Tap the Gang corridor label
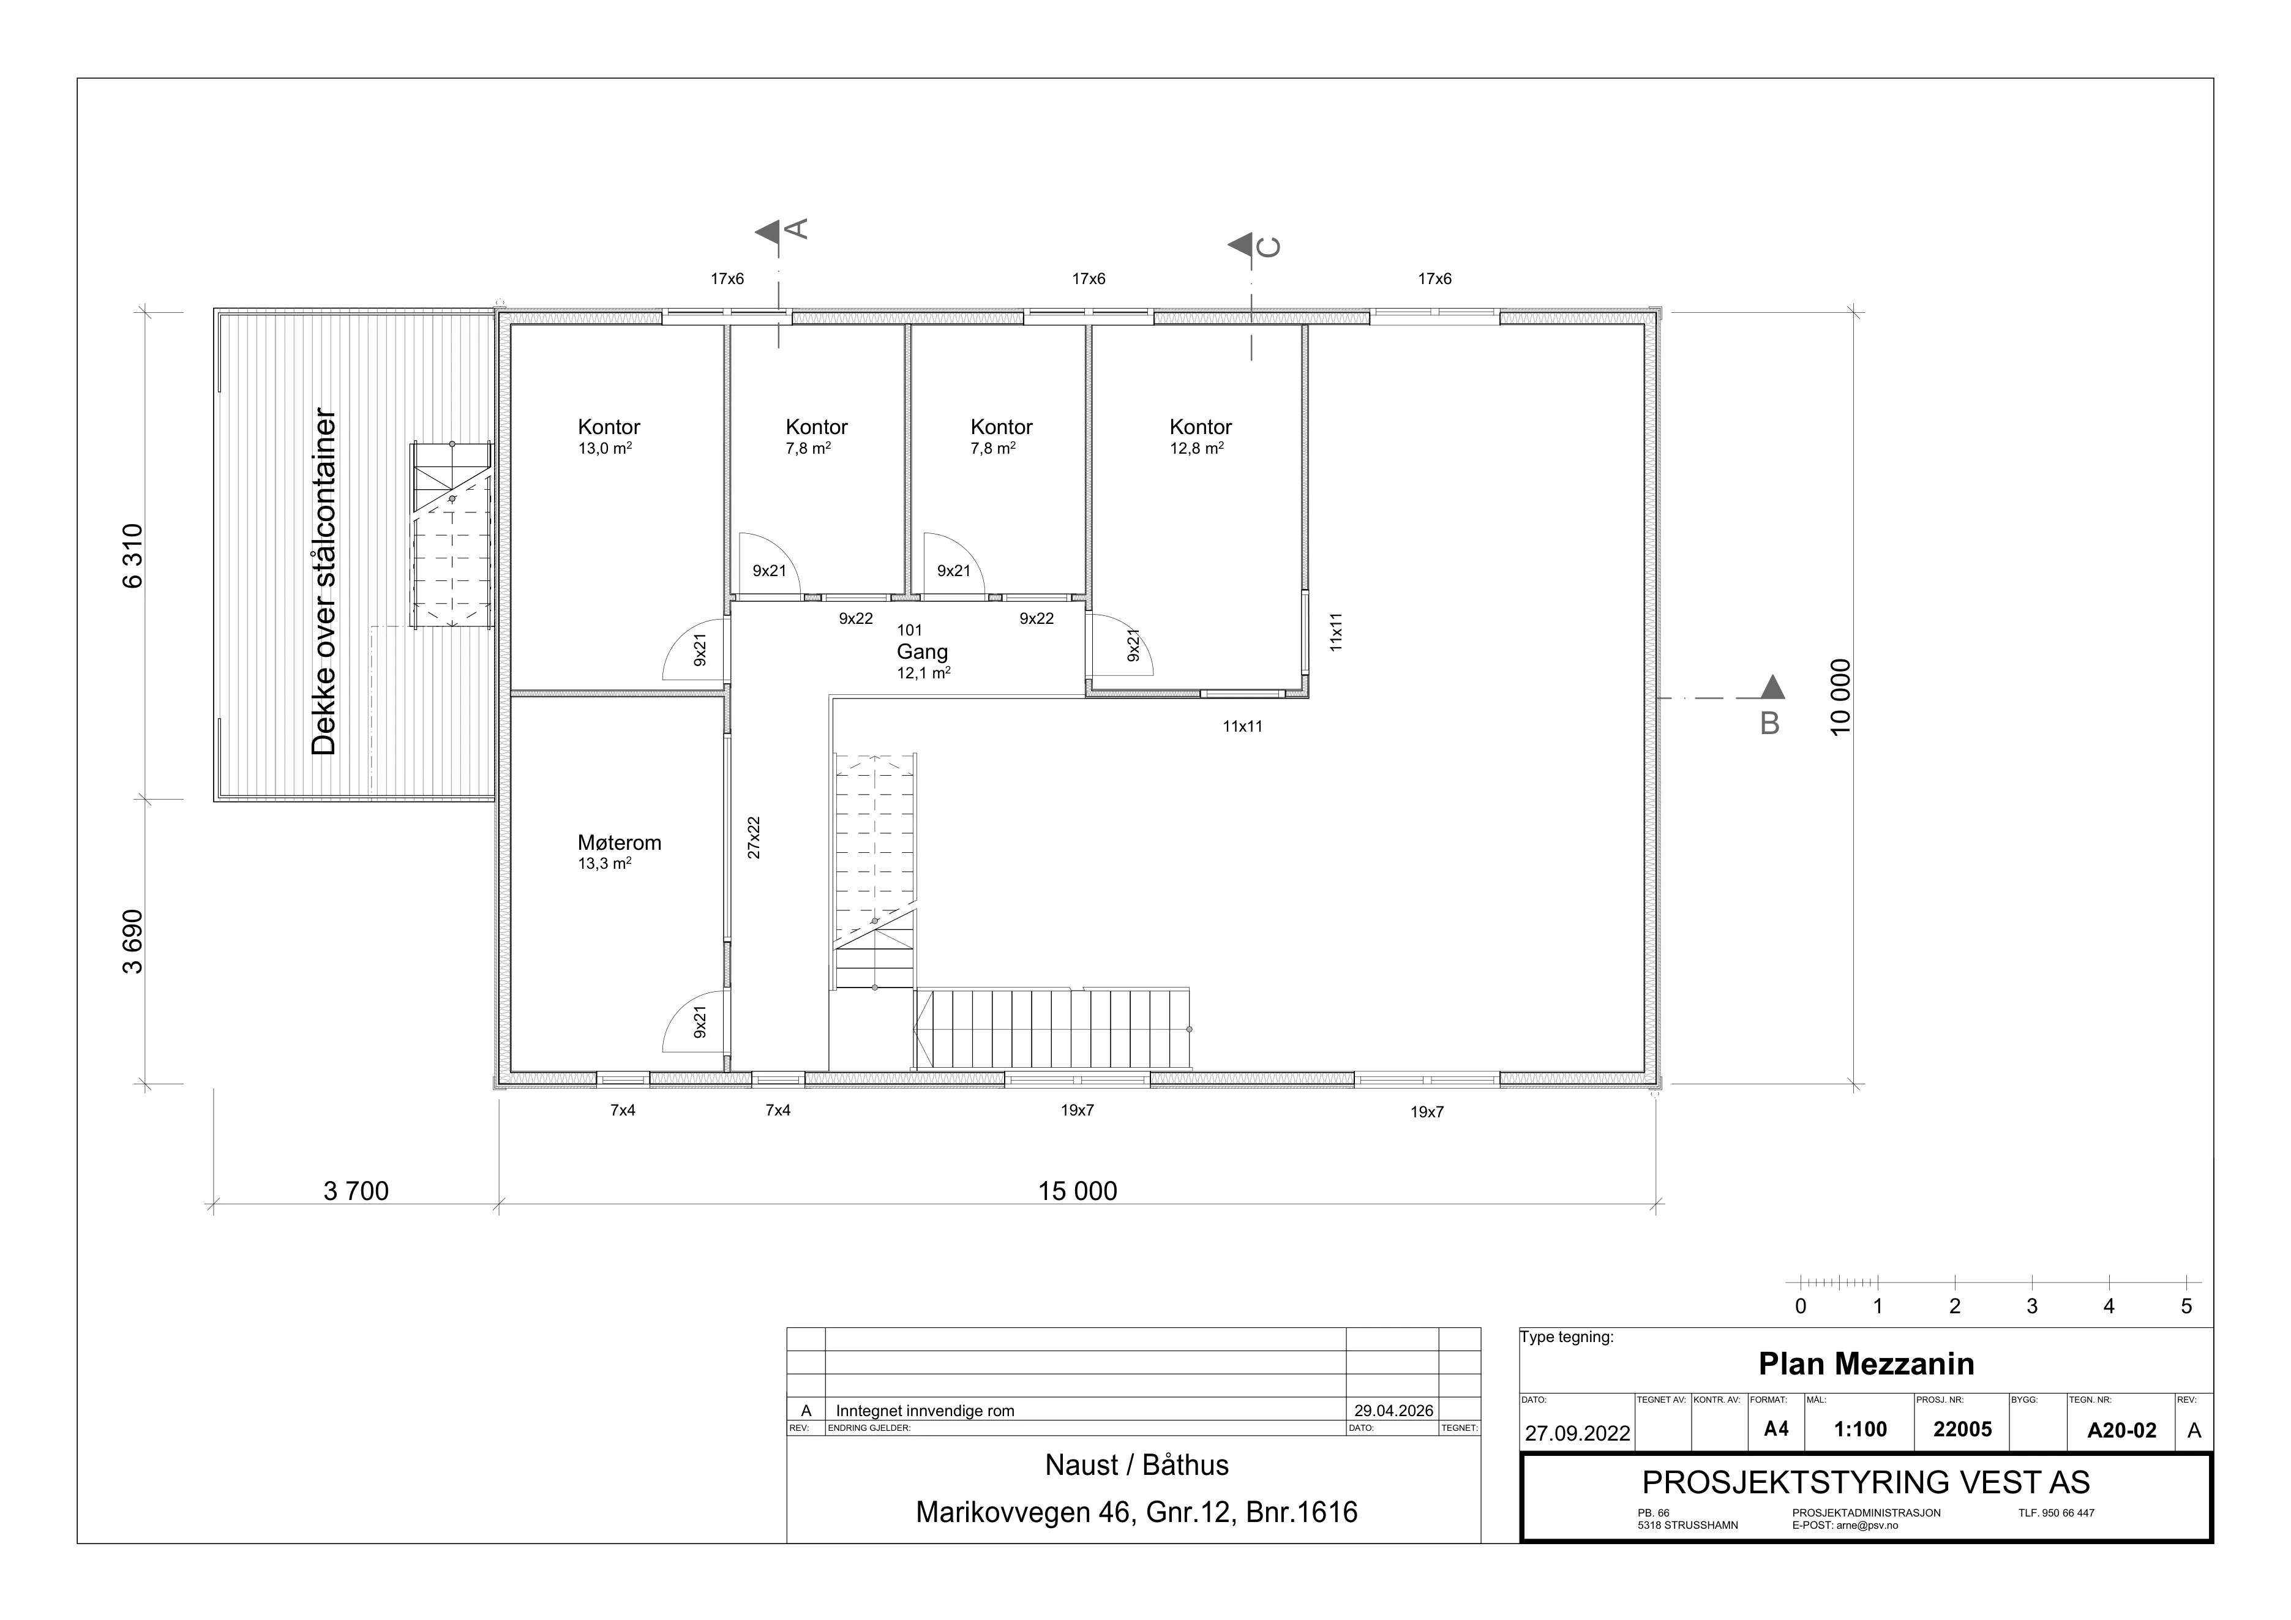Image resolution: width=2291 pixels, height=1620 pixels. point(922,653)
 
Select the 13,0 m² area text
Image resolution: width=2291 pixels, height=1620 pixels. point(605,448)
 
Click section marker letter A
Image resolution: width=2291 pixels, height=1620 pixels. point(797,228)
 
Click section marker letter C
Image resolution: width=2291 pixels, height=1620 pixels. point(1268,246)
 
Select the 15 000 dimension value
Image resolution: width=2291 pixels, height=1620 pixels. point(1078,1191)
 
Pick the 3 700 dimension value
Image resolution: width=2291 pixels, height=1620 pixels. point(356,1191)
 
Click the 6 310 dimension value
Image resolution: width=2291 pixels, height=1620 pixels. point(133,556)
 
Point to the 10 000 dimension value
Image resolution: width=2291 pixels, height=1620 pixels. point(1841,697)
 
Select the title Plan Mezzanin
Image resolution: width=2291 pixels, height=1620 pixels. point(1866,1363)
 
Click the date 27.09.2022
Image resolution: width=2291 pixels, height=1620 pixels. point(1578,1433)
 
